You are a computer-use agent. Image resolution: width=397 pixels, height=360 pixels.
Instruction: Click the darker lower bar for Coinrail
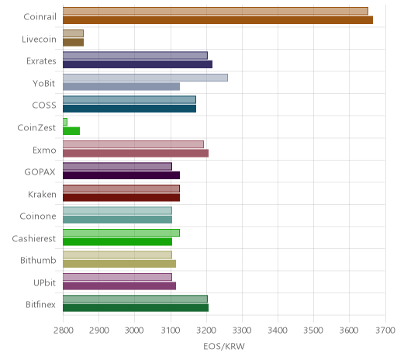point(218,20)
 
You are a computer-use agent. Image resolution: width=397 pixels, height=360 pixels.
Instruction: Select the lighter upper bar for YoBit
point(145,78)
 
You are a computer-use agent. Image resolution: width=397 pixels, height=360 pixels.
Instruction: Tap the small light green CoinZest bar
point(65,122)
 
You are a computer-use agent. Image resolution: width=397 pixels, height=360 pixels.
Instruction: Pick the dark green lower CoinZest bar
point(71,131)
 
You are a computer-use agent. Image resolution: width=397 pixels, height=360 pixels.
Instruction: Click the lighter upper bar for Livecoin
point(73,33)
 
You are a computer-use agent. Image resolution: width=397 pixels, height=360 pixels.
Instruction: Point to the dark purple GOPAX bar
point(121,175)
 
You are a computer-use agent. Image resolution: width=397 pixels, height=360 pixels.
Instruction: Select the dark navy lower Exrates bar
point(137,64)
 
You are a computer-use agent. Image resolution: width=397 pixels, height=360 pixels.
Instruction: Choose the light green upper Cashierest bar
point(121,233)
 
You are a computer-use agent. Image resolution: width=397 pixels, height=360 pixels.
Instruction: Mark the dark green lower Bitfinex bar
point(136,308)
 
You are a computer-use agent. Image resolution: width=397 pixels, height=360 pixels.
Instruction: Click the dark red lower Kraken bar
point(121,197)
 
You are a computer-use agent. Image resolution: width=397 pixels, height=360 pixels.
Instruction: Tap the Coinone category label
point(38,216)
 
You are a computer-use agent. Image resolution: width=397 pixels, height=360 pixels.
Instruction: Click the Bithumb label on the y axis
point(38,260)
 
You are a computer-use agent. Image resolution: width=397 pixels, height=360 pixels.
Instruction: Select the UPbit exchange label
point(44,282)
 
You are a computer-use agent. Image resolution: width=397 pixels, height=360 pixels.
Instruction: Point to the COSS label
point(44,106)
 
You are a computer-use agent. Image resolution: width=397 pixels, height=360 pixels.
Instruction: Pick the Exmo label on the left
point(44,150)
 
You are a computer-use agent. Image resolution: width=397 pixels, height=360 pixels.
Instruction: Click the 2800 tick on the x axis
point(63,331)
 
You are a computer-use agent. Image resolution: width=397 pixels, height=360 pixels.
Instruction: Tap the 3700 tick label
point(385,331)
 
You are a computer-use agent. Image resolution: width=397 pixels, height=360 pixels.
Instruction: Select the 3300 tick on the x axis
point(242,331)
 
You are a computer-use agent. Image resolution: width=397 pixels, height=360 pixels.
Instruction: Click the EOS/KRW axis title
point(224,346)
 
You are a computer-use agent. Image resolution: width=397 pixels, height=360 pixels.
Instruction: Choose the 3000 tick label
point(134,331)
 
